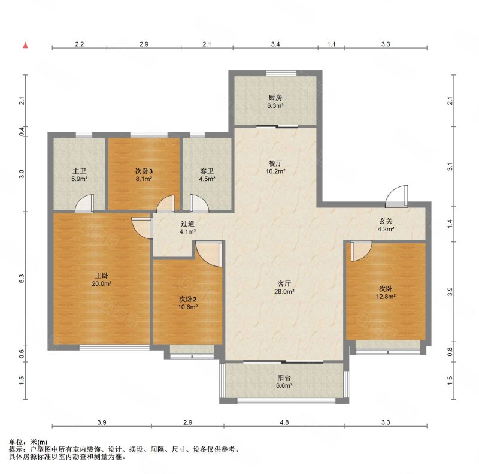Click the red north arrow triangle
point(26,46)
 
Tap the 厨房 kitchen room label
point(275,101)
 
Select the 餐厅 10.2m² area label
point(275,167)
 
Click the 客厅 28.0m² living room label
point(284,288)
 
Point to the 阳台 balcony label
point(284,381)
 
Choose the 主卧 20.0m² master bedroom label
point(102,279)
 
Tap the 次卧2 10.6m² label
point(187,303)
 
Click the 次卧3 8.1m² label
point(144,174)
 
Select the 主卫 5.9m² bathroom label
point(80,174)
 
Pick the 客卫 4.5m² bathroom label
point(207,174)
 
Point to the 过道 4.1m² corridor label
point(187,228)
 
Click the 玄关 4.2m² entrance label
point(386,225)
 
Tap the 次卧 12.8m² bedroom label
point(386,292)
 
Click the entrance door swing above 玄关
point(396,196)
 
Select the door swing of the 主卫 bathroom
point(84,203)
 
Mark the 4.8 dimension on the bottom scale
point(284,422)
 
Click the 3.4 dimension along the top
point(275,44)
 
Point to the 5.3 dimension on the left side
point(22,278)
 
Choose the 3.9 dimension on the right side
point(450,292)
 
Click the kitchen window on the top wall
point(281,73)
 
